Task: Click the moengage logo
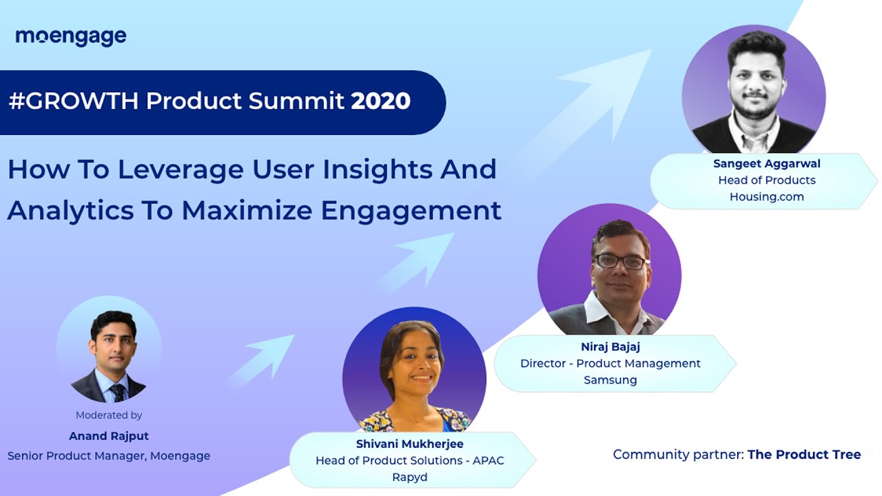point(71,37)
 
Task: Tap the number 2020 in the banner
point(381,101)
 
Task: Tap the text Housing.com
point(766,197)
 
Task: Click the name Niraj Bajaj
point(610,347)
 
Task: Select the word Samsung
point(610,380)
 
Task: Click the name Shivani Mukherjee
point(409,444)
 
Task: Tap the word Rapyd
point(409,477)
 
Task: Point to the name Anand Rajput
point(109,436)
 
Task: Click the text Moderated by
point(109,415)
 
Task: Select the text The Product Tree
point(804,455)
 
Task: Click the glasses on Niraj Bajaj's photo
point(619,262)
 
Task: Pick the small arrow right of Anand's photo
point(265,358)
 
